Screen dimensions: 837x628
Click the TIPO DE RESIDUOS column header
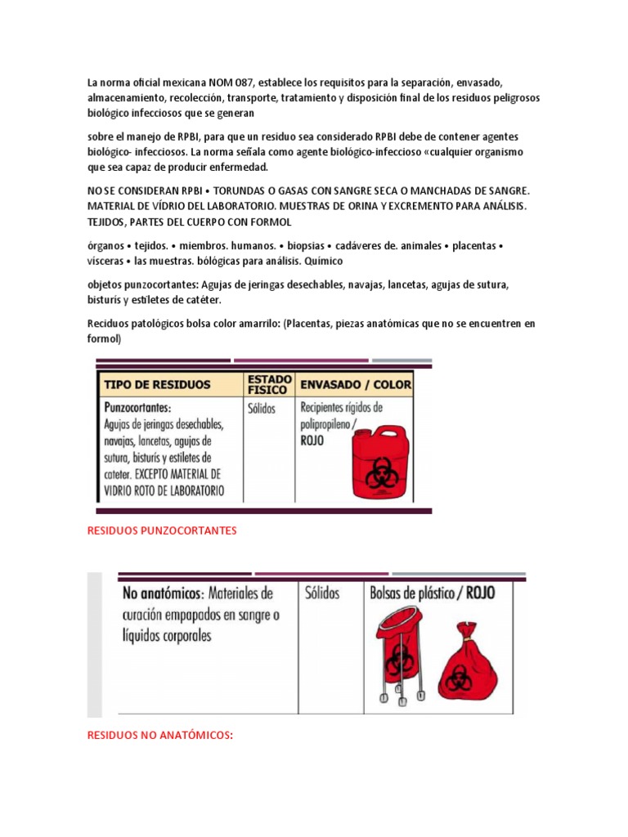(x=157, y=384)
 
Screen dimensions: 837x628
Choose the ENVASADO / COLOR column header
(x=356, y=384)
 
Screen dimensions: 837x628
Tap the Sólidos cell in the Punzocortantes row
(x=262, y=407)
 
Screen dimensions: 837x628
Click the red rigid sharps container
(x=377, y=468)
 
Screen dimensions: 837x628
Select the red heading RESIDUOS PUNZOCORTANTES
(x=162, y=530)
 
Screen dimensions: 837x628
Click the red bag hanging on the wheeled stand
(x=401, y=645)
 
